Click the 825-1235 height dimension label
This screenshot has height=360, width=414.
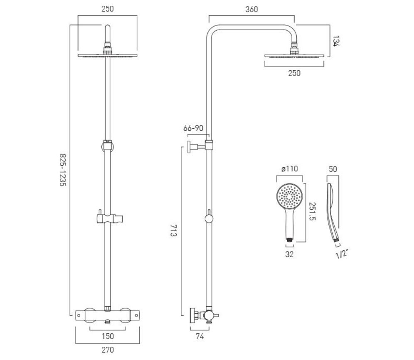[x=63, y=170]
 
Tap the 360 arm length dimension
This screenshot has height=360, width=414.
[x=251, y=9]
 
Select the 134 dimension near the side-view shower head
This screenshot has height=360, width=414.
[x=335, y=41]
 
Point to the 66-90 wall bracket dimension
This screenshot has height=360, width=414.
[x=193, y=128]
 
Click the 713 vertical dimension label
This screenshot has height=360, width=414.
[x=173, y=230]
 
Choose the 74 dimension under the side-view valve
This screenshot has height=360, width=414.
[x=200, y=336]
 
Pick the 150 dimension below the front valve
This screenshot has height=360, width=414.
[x=108, y=336]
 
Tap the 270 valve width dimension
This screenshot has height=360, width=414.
[x=108, y=350]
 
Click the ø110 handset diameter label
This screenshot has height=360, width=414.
[x=289, y=169]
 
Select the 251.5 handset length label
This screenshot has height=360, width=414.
[x=312, y=211]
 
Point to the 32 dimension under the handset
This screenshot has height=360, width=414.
[x=289, y=254]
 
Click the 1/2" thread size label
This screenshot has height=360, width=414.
[x=342, y=254]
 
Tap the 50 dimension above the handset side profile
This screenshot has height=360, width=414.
[x=333, y=169]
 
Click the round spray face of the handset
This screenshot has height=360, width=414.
[x=289, y=197]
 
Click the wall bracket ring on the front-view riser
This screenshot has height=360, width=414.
[x=108, y=146]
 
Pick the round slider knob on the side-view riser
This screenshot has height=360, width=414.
[x=209, y=219]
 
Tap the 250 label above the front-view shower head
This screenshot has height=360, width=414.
[x=108, y=9]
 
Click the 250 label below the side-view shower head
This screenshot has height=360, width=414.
[x=294, y=73]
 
